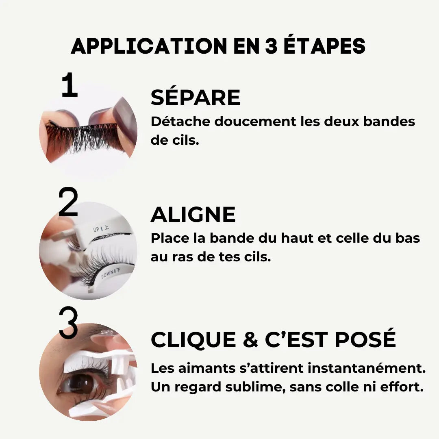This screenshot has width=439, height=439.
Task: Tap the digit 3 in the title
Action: [267, 46]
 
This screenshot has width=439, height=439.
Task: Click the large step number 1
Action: [69, 86]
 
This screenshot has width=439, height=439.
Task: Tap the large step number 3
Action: [68, 324]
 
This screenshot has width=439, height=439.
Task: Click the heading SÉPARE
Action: [195, 98]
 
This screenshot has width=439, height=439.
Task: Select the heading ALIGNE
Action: [193, 215]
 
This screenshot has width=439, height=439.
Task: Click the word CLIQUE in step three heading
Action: [193, 340]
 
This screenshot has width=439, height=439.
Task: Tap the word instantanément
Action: [366, 369]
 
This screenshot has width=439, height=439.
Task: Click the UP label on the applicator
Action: [96, 230]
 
